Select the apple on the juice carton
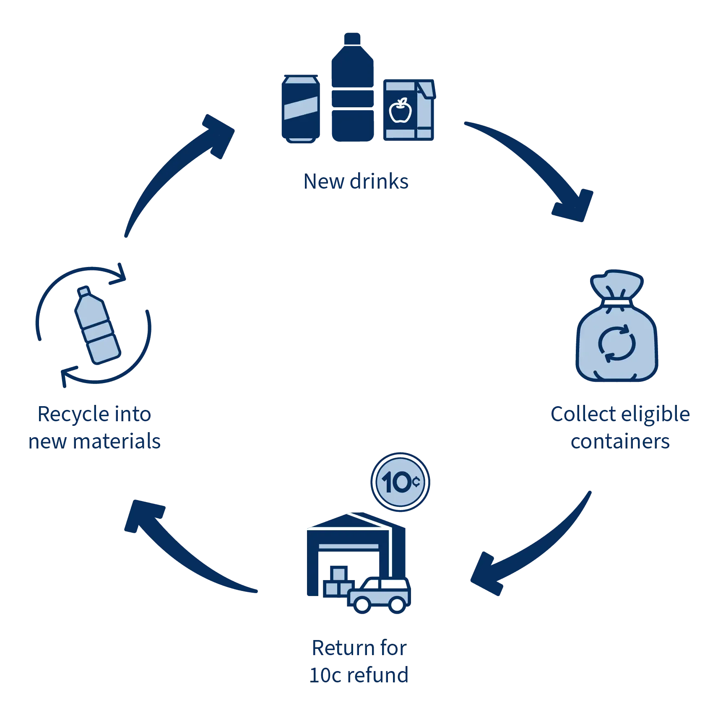tap(401, 110)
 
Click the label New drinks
tap(356, 182)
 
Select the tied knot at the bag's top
tap(617, 298)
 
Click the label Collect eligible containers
tap(620, 428)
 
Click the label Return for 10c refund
tap(359, 662)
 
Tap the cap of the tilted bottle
tap(84, 291)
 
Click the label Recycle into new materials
tap(94, 428)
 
